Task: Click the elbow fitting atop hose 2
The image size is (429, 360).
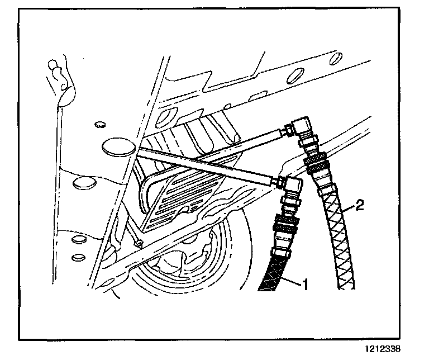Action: (303, 130)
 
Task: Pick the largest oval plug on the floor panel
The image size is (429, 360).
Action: (118, 146)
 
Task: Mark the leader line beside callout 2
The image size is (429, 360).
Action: (350, 210)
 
